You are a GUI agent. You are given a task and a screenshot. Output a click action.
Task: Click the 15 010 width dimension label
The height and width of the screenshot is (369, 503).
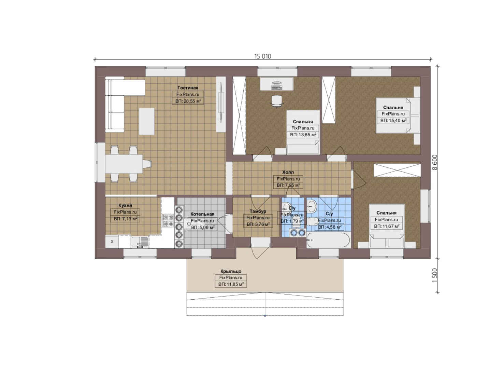click(262, 56)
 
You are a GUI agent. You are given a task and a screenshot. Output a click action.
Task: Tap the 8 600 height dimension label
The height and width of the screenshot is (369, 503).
click(435, 162)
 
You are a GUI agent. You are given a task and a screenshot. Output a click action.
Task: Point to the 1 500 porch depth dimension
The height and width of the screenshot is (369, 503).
click(435, 275)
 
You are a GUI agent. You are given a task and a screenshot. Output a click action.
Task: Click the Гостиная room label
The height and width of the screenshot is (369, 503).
click(188, 88)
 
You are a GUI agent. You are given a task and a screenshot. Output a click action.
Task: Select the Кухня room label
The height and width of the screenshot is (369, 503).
click(125, 205)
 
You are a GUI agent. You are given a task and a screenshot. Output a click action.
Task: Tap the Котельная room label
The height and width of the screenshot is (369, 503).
click(202, 214)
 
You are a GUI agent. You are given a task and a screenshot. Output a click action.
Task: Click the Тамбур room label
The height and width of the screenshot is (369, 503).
click(258, 211)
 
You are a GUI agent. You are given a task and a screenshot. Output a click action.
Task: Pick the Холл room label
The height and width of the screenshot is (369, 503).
click(288, 172)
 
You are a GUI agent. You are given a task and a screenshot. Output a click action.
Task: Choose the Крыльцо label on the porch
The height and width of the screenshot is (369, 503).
click(231, 271)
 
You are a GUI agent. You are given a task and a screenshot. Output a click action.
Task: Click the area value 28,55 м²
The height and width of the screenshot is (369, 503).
click(188, 101)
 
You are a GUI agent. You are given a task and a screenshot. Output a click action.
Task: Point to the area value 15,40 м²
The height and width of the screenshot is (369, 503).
click(393, 121)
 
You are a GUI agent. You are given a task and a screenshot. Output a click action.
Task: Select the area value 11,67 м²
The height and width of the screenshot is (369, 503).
click(386, 226)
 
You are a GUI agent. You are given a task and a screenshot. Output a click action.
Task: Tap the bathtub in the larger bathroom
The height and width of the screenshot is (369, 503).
click(328, 241)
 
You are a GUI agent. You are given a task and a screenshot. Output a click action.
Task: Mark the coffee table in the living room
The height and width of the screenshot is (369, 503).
click(147, 121)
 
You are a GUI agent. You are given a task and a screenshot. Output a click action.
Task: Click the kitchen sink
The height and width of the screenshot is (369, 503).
click(140, 242)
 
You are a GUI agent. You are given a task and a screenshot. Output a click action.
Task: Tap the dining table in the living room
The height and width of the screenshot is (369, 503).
click(124, 164)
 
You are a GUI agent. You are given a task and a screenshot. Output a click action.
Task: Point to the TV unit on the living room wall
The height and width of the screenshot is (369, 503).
click(221, 104)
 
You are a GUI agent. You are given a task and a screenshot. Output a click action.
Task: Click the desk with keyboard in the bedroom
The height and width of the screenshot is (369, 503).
click(277, 84)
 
